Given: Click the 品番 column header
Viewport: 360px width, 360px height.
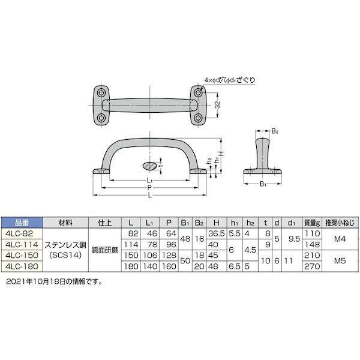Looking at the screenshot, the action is (22, 223).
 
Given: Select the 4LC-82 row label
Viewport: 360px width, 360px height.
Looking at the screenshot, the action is (20, 233).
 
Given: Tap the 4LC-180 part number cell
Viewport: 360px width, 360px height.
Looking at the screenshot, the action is (22, 266).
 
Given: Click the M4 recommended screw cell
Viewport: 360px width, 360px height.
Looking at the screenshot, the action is (340, 239).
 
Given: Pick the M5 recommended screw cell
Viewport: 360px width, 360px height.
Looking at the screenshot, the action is (340, 261).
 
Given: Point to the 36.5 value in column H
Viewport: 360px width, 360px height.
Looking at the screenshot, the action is (216, 233).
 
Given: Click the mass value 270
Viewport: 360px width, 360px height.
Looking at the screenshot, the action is (312, 266).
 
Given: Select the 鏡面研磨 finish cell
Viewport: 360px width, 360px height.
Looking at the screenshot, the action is (105, 250).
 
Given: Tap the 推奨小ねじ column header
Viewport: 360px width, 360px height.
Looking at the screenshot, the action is (340, 223).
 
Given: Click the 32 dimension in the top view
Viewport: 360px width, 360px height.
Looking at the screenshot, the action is (217, 105).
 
